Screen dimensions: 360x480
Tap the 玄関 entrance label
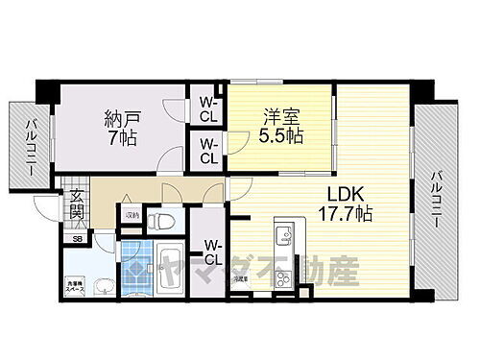[x=76, y=206]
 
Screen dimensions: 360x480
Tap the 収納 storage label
[x=132, y=215]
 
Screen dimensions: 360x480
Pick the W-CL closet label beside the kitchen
[x=212, y=252]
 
